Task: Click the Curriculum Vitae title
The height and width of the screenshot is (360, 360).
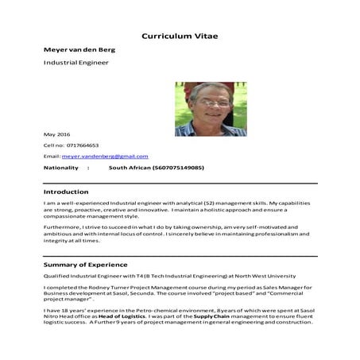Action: pyautogui.click(x=179, y=36)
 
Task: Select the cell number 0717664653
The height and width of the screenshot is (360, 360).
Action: pyautogui.click(x=83, y=145)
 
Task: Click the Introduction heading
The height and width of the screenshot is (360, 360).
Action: pyautogui.click(x=66, y=192)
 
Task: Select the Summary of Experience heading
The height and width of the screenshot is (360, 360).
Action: pyautogui.click(x=85, y=264)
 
